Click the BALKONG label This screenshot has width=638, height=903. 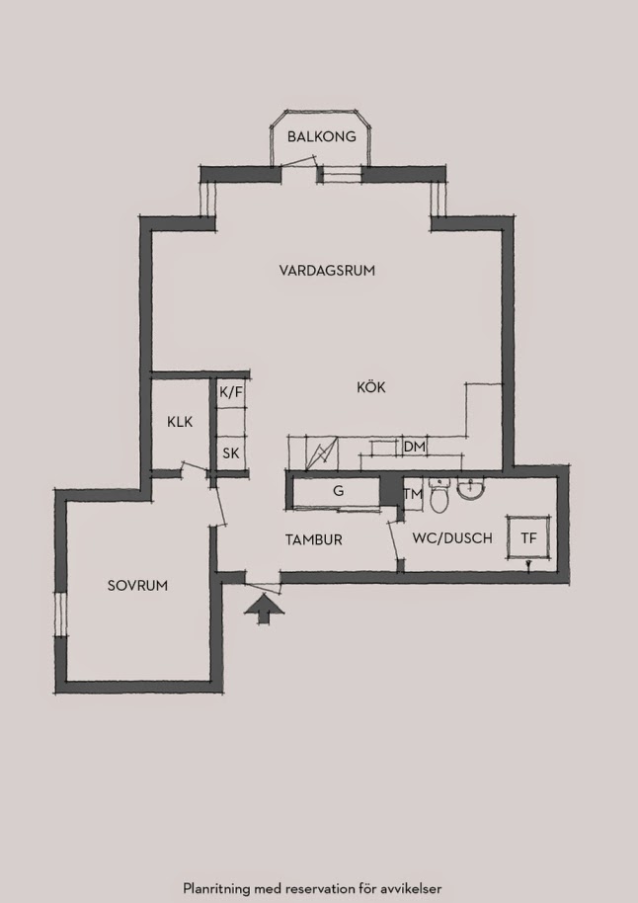[x=321, y=137]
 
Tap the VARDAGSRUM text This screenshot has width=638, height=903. [x=327, y=270]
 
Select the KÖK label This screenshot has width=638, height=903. [x=370, y=387]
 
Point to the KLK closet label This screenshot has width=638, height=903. [x=180, y=422]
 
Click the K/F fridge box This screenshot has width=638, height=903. [x=231, y=393]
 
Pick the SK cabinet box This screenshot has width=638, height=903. [x=231, y=453]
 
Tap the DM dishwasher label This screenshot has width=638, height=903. [x=415, y=447]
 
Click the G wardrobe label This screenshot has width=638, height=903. [x=339, y=491]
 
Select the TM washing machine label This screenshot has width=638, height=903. [x=413, y=494]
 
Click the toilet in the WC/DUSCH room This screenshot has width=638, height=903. [x=439, y=495]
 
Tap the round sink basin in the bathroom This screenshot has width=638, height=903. [x=471, y=489]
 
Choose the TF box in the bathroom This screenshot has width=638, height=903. [x=528, y=537]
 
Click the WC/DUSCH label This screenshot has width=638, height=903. [x=452, y=538]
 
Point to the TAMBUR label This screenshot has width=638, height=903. [x=314, y=540]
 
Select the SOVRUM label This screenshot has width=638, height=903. [x=137, y=586]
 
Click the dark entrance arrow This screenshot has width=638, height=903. [x=264, y=609]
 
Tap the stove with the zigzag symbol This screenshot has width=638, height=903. [x=322, y=452]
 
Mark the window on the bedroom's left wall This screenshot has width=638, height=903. [x=61, y=614]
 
